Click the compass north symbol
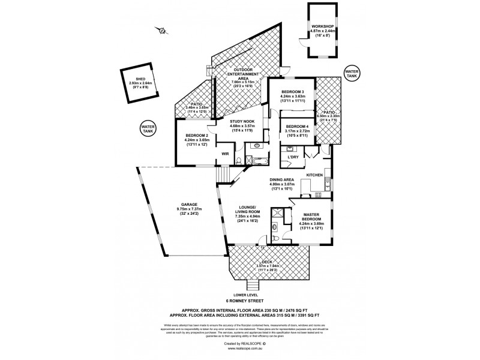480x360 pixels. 161,31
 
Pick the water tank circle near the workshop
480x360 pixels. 353,72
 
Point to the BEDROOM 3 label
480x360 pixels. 293,91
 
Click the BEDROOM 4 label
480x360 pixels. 297,127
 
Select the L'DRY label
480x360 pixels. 293,157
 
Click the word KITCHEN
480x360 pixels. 316,175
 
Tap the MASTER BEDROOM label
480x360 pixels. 311,217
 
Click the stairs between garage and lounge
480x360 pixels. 223,174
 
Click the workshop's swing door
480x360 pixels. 305,46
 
